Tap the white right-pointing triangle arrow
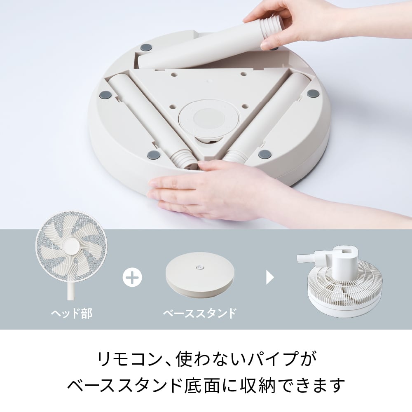click(270, 277)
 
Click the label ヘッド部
click(71, 313)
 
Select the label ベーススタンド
click(200, 313)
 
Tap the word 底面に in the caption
click(211, 386)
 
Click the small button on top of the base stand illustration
click(199, 268)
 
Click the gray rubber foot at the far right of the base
click(313, 94)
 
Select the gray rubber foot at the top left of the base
click(145, 48)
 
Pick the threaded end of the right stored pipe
click(234, 156)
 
